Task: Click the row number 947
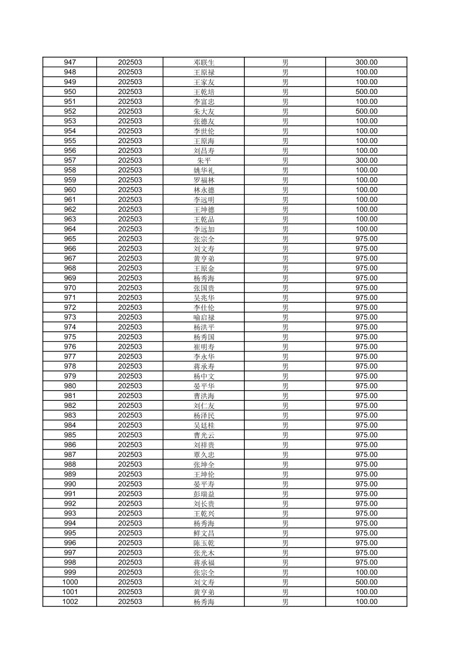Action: [70, 62]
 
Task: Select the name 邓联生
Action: [204, 62]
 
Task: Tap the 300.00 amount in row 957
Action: [366, 160]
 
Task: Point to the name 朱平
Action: [204, 160]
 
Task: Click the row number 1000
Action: [70, 582]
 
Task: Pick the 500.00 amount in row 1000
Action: [366, 582]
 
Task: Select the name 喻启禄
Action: [204, 317]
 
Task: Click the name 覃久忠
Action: [204, 454]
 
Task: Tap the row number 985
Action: [70, 435]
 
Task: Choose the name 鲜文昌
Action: [204, 533]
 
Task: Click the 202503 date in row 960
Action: [130, 190]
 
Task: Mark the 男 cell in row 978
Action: [285, 366]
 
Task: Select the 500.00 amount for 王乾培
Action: [366, 92]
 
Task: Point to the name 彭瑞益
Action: [204, 494]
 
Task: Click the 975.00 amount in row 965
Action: [366, 239]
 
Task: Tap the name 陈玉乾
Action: [204, 543]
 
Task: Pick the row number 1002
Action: [70, 602]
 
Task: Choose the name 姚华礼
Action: [204, 170]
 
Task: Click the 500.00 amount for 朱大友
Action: [366, 111]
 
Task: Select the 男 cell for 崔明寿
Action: [285, 347]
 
